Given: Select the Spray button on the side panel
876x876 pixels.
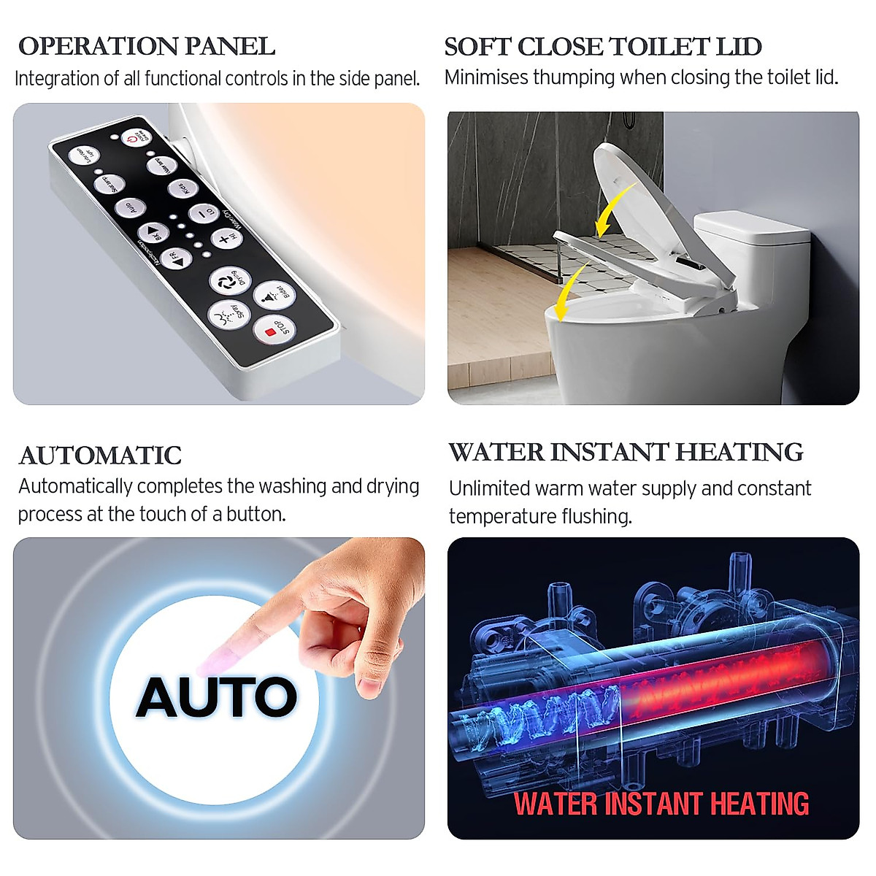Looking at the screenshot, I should pos(229,315).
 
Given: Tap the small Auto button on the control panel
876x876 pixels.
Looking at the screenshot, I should pos(130,208).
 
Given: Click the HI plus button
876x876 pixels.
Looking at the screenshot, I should pos(225,238).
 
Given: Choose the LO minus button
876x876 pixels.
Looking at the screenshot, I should pos(203,215).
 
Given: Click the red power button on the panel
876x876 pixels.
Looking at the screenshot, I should pos(136,137).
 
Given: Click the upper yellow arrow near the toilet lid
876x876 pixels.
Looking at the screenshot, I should pos(613,209).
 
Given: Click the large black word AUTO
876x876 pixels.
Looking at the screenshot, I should pos(217,696).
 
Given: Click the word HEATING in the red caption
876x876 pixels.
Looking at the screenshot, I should pos(759,804).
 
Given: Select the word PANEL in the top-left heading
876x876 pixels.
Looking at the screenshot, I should pos(229,46).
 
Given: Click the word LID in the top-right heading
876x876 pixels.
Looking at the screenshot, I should pos(739,47).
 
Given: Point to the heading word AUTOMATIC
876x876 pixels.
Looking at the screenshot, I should pos(100,456).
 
